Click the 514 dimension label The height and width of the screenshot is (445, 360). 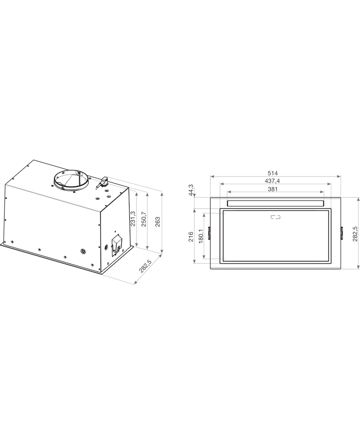pos(273,173)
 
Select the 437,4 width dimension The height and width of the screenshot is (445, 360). pos(273,181)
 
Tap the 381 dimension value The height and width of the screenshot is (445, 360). pos(273,189)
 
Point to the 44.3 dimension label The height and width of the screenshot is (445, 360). pos(191,190)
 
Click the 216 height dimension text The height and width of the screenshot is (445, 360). pos(191,237)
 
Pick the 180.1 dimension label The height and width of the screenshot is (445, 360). pos(201,236)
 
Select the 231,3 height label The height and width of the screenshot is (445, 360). pos(133,218)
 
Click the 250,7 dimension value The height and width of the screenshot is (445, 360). pos(144,219)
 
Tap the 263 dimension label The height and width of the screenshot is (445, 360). pos(158,222)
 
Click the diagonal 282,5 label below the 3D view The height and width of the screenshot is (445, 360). pos(145,266)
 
